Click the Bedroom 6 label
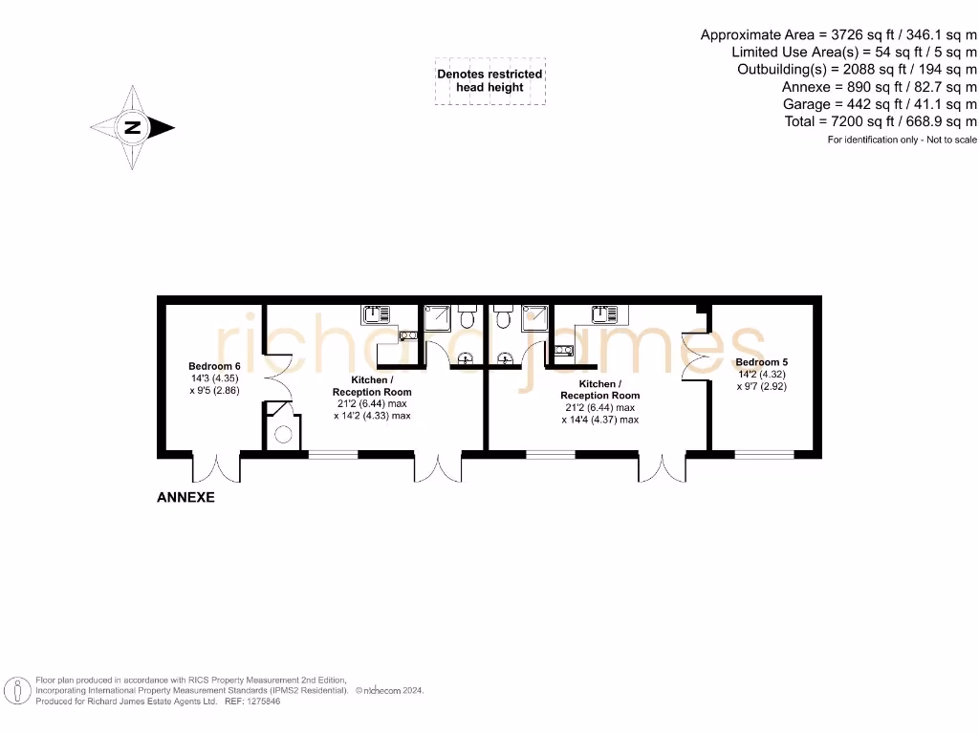tap(213, 366)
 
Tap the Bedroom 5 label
tap(761, 362)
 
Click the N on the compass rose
tap(133, 127)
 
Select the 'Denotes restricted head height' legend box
tap(489, 80)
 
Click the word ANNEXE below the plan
tap(185, 497)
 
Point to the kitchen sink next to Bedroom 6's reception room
tap(376, 313)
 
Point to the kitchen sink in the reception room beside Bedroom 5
tap(603, 313)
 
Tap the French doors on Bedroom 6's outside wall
tap(216, 466)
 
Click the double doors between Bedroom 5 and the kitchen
tap(694, 355)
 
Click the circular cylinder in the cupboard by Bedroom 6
tap(284, 436)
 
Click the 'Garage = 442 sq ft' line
tap(880, 104)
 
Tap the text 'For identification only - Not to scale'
tap(902, 140)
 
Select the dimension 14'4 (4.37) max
tap(600, 419)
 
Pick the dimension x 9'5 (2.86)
tap(214, 391)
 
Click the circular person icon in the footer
tap(16, 690)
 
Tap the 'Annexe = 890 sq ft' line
tap(879, 87)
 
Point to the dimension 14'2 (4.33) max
tap(372, 416)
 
